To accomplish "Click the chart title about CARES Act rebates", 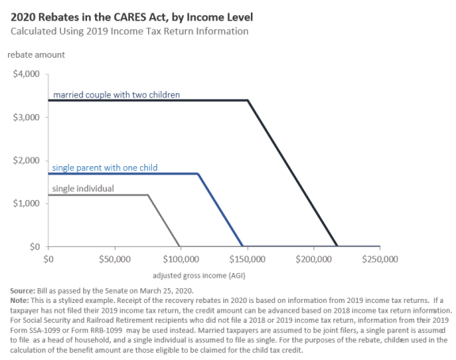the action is click(x=131, y=17).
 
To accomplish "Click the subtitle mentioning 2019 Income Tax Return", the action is click(x=129, y=32).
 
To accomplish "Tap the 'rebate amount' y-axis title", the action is click(x=36, y=55).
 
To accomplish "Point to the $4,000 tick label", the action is click(x=26, y=74).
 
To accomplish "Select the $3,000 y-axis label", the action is click(x=26, y=117).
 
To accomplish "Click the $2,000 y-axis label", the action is click(x=26, y=161).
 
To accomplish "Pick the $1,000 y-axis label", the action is click(x=26, y=203).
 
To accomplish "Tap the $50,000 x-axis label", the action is click(x=115, y=260).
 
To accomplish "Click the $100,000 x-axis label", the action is click(x=180, y=260).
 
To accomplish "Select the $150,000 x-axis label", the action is click(x=247, y=260).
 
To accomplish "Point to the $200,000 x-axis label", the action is click(x=313, y=260).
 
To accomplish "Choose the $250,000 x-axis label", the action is click(x=380, y=260).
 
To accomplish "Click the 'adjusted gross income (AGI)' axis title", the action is click(x=199, y=275).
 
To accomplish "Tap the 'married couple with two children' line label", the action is click(x=116, y=95).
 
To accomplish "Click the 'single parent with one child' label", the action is click(x=104, y=168).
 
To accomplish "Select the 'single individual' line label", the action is click(x=83, y=188).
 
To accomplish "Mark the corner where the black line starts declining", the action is click(x=248, y=100).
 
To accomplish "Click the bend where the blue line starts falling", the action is click(x=198, y=174).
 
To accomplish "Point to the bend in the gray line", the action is click(x=148, y=195).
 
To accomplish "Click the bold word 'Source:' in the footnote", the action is click(x=22, y=291).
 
